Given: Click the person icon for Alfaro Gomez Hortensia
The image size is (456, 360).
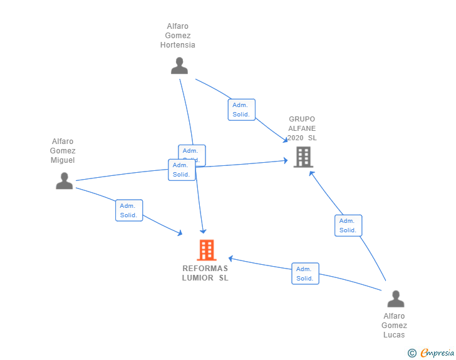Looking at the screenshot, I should coord(179,66).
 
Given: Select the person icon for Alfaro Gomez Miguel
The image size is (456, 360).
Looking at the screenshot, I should coord(64,181).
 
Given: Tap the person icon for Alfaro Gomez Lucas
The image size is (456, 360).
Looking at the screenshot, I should coord(395,299).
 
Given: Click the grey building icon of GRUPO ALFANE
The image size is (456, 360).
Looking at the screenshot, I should coord(303,157).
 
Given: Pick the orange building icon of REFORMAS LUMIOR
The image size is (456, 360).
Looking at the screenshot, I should coord(206,250).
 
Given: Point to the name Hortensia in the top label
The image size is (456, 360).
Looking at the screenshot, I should coord(178,45).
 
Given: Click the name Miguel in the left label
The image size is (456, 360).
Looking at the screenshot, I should coord(63,160).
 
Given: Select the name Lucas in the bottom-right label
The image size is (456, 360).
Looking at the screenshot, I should coord(394,335).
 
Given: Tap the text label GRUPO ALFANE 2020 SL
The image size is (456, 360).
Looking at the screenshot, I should coord(302,128).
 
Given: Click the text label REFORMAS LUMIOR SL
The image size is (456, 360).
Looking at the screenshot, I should coord(205,273).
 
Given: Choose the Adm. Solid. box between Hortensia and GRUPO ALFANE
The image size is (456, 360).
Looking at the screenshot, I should coord(241,110).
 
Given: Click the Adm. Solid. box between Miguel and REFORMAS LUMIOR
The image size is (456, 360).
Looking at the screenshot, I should coord(129,210).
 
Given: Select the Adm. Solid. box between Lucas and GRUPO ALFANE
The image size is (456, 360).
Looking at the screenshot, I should coord(348,225).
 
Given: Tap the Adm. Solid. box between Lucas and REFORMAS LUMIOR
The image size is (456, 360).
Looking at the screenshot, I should coord(305,274).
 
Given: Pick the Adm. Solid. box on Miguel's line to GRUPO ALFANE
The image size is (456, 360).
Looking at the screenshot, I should coord(182,170).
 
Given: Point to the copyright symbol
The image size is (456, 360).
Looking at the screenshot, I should coord(412,353).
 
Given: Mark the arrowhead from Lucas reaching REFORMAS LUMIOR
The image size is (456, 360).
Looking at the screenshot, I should coord(231,258).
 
